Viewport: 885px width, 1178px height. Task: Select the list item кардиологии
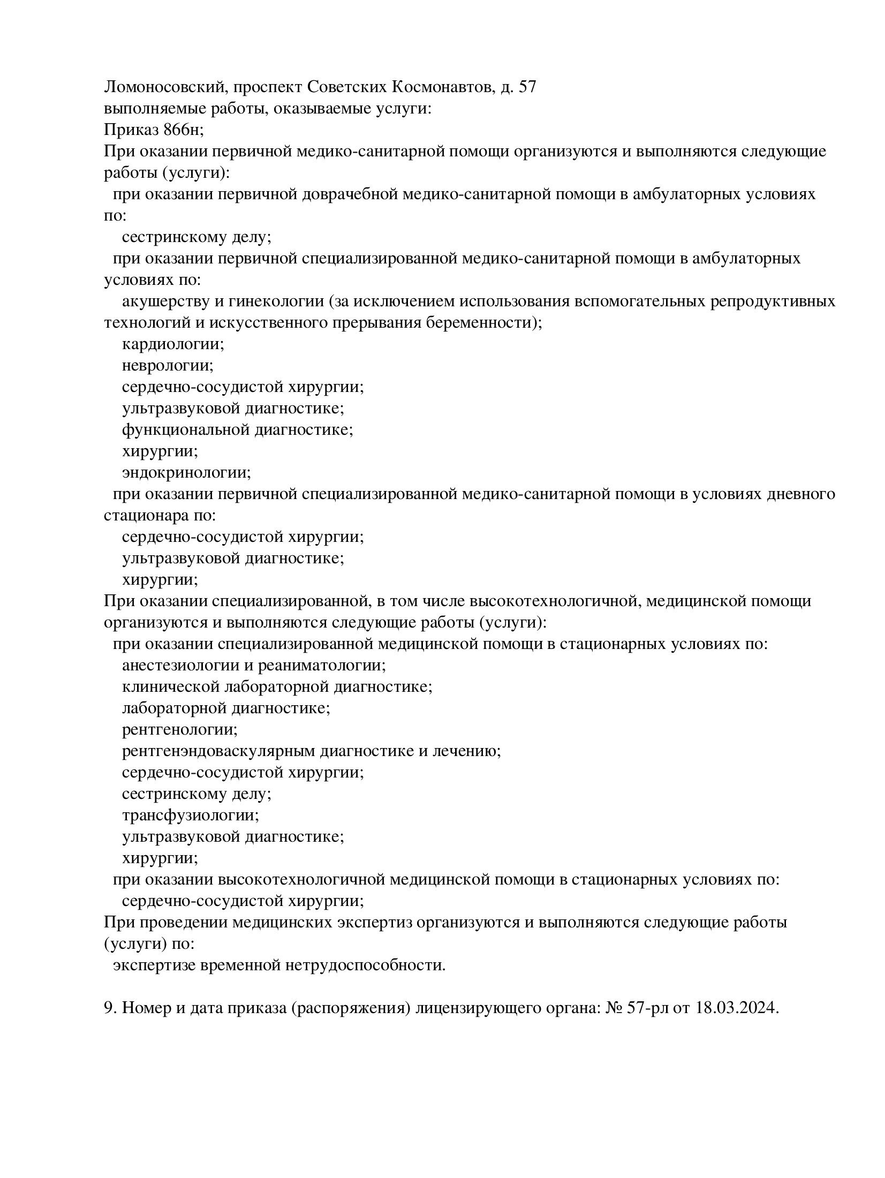tap(173, 344)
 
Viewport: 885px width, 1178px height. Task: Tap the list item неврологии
tap(168, 366)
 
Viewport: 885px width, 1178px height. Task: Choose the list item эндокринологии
tap(186, 473)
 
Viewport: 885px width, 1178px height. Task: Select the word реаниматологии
tap(322, 666)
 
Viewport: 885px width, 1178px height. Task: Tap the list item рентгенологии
tap(179, 730)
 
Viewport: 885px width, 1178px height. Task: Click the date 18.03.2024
tap(736, 1008)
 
